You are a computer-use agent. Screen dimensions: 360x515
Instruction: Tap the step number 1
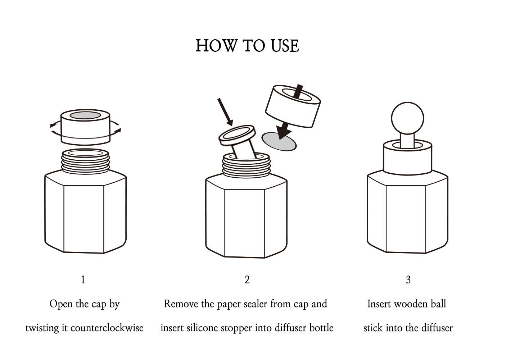(83, 279)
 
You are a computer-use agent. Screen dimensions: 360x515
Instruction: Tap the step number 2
(247, 279)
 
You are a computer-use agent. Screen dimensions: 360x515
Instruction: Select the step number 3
(408, 279)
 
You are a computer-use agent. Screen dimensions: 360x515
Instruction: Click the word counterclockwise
(107, 328)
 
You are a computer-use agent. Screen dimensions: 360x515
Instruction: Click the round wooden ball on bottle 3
(407, 118)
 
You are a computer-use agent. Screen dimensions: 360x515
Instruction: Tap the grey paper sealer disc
(279, 141)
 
